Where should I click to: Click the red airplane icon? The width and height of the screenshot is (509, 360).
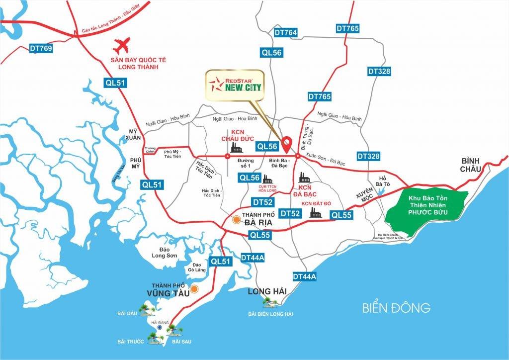click(124, 47)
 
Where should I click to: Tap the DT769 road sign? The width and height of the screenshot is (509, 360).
click(41, 48)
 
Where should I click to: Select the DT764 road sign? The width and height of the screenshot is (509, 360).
click(285, 33)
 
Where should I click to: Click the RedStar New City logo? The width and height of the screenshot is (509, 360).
click(235, 85)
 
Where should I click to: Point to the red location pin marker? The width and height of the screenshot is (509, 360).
click(287, 145)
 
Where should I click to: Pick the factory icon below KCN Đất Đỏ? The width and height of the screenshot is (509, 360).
click(315, 212)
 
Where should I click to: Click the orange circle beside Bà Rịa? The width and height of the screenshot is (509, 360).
click(237, 219)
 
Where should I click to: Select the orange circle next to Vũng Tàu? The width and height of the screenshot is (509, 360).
click(195, 288)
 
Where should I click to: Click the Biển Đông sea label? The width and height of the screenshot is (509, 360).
click(396, 308)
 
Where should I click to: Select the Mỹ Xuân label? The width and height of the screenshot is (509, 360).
click(135, 134)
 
